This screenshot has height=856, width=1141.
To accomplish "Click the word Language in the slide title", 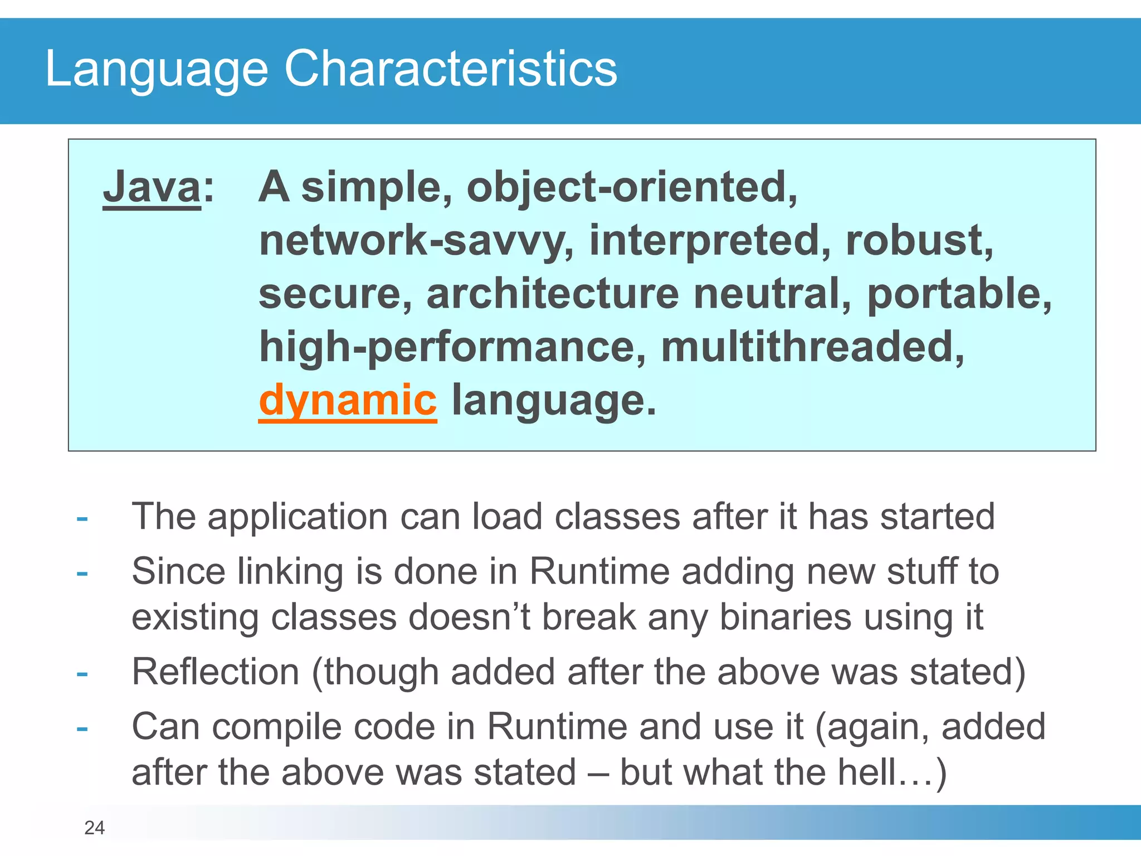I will click(156, 70).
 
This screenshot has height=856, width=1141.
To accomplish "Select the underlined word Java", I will click(152, 187).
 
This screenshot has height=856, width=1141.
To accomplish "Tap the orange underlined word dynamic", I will click(348, 400).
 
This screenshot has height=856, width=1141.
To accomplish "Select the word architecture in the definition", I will click(552, 294).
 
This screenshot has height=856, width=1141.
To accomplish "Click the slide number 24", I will click(94, 828).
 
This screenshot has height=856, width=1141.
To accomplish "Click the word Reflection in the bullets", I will click(215, 672).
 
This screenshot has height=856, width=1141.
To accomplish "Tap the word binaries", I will click(785, 617).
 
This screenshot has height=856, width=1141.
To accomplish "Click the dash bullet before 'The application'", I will click(82, 519).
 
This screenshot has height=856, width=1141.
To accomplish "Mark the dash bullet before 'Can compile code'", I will click(82, 728).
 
